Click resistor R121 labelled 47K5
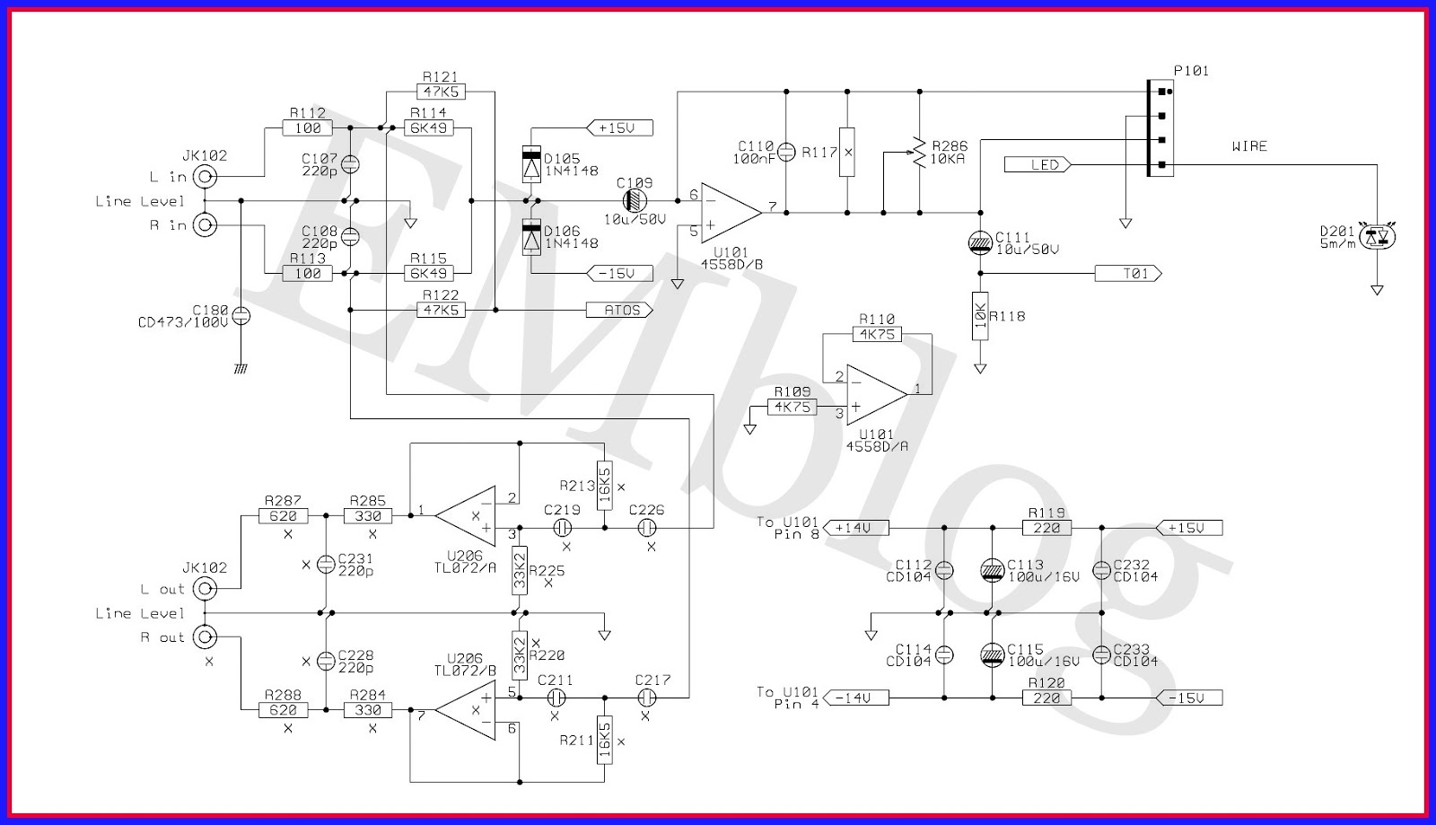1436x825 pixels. [x=440, y=92]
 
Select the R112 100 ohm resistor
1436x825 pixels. [x=308, y=128]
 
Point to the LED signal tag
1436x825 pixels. [x=1037, y=164]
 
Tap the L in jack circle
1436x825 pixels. [x=206, y=177]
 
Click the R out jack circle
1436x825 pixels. [x=206, y=637]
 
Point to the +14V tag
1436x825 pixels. [x=854, y=528]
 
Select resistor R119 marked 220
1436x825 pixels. [x=1046, y=528]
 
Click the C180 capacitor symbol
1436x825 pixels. [x=241, y=315]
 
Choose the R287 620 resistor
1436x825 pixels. [x=283, y=516]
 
